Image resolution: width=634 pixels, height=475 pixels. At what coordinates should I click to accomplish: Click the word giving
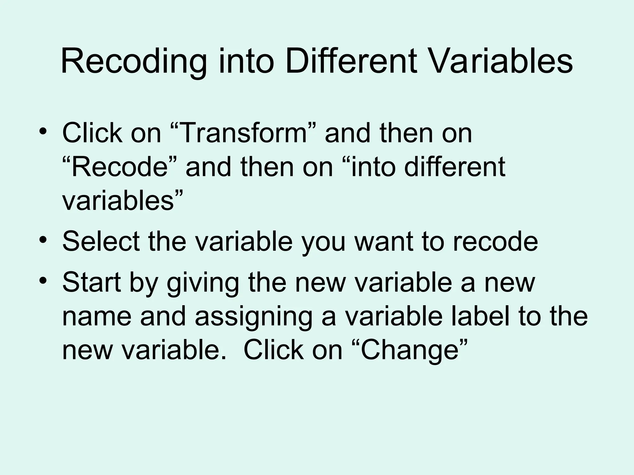[x=203, y=283]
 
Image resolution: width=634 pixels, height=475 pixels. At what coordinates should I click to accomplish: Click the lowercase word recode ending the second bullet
[x=495, y=242]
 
